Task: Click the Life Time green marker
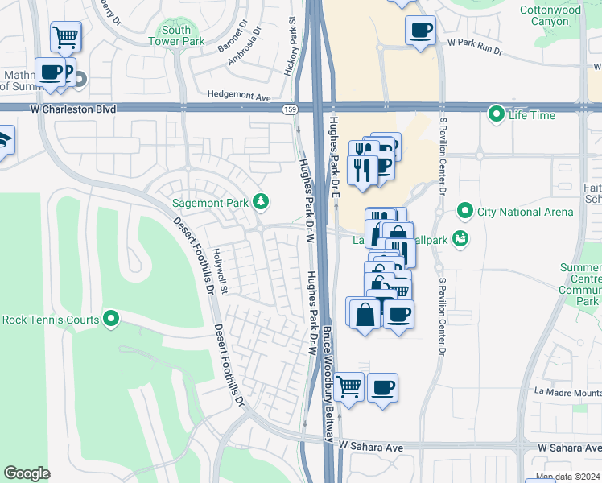pos(497,115)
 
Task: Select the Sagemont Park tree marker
pos(260,201)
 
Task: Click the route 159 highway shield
pos(288,109)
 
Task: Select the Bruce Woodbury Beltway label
pos(328,383)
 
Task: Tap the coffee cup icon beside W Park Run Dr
pos(420,31)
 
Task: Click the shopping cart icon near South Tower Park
pos(65,36)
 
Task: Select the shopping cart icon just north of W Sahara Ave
pos(348,386)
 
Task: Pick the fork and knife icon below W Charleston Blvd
pos(362,170)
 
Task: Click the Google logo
pos(27,473)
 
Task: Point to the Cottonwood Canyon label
pos(567,15)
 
